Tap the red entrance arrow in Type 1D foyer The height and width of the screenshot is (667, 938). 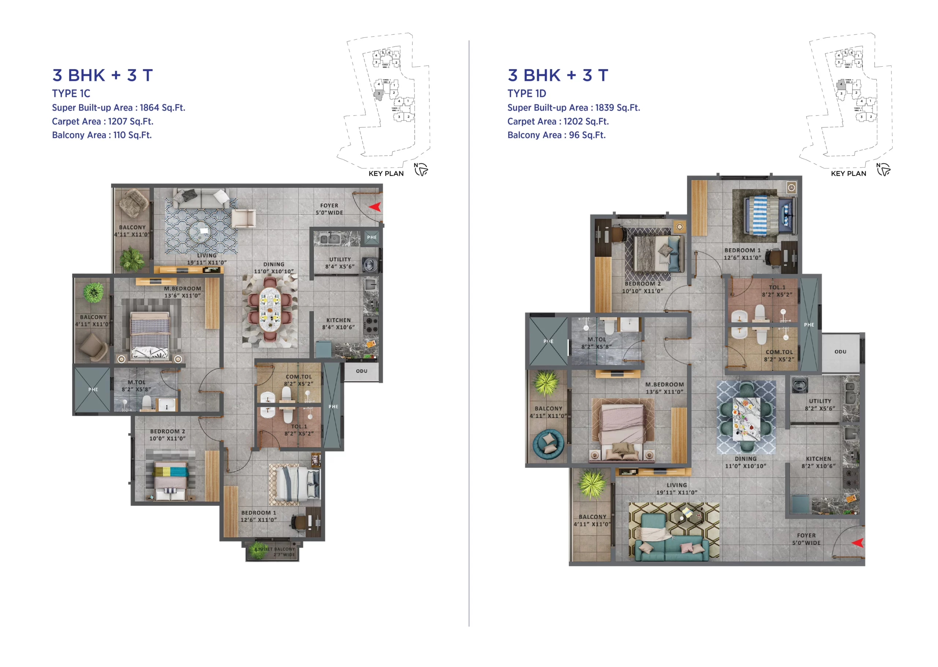coord(857,543)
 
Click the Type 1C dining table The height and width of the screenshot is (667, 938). coord(270,311)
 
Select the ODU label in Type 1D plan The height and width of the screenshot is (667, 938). coord(840,352)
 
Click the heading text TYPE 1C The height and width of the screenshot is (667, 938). coord(71,94)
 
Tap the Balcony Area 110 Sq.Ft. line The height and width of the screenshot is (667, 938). coord(102,135)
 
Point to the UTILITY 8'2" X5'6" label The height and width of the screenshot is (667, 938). coord(820,404)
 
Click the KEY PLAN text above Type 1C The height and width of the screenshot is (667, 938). coord(386,173)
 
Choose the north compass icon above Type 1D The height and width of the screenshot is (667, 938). coord(883,169)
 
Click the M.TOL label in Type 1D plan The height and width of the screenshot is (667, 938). coord(596,342)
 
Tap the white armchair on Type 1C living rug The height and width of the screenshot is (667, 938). coord(243,218)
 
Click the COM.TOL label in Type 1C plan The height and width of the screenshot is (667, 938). coord(298,380)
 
